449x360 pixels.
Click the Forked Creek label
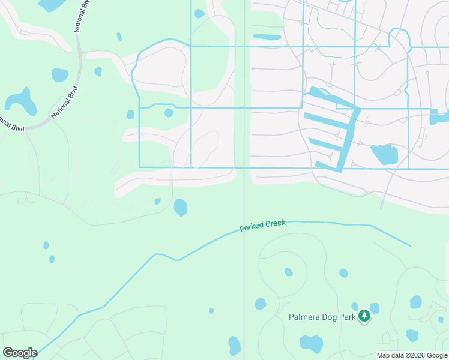pyautogui.click(x=263, y=227)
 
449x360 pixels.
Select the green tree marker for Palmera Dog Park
pyautogui.click(x=364, y=316)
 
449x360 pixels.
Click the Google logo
pyautogui.click(x=20, y=353)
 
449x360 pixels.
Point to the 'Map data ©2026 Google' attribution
pyautogui.click(x=412, y=355)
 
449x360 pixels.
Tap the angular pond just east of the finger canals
pyautogui.click(x=384, y=154)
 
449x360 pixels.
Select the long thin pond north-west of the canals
pyautogui.click(x=267, y=37)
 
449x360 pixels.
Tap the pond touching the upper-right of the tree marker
pyautogui.click(x=374, y=308)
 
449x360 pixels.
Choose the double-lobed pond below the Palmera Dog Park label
pyautogui.click(x=311, y=344)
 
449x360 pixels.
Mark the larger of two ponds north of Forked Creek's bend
pyautogui.click(x=180, y=208)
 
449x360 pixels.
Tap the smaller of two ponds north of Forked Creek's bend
pyautogui.click(x=157, y=202)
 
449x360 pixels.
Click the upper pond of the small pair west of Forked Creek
pyautogui.click(x=46, y=245)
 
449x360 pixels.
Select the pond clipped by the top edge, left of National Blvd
pyautogui.click(x=51, y=5)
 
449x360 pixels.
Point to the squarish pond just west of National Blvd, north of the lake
pyautogui.click(x=60, y=75)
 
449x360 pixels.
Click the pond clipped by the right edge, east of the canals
pyautogui.click(x=439, y=116)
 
